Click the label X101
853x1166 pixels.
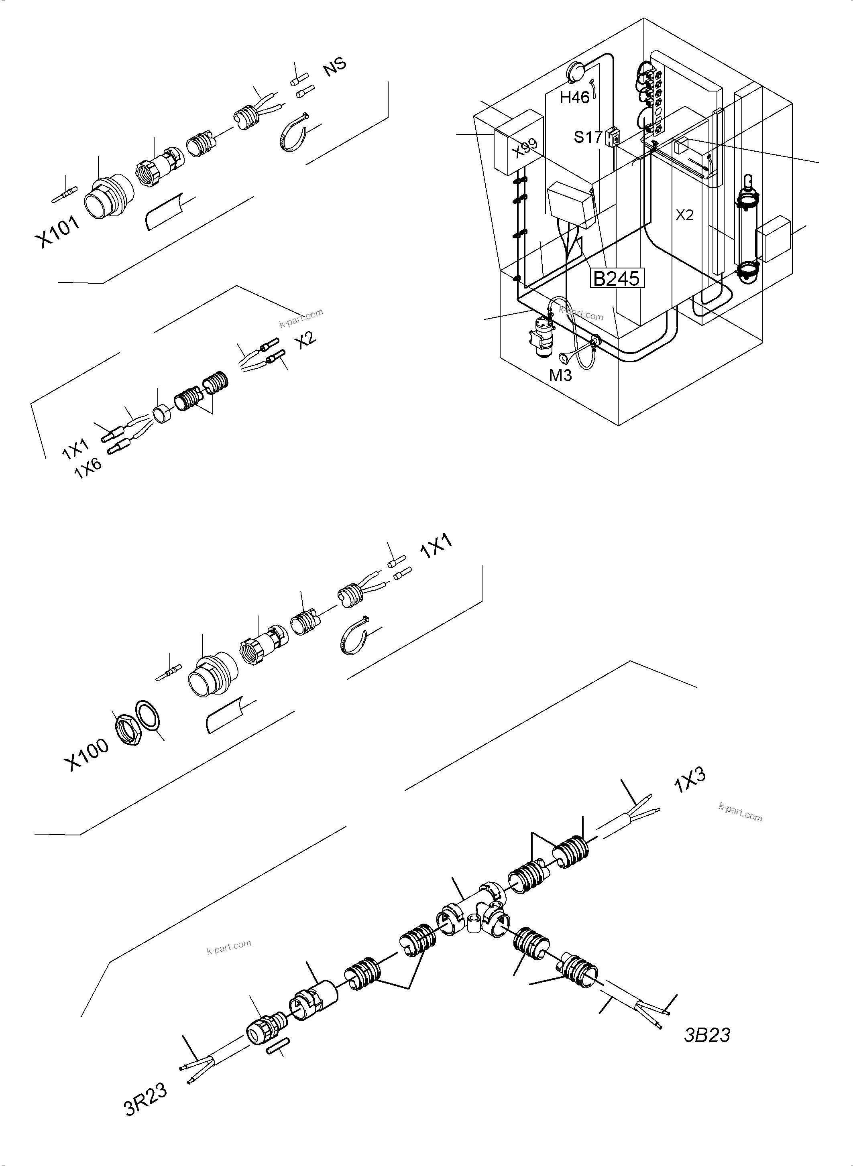tap(57, 232)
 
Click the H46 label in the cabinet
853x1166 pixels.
tap(575, 97)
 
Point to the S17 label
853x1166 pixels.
tap(588, 137)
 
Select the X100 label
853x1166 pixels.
tap(86, 754)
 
